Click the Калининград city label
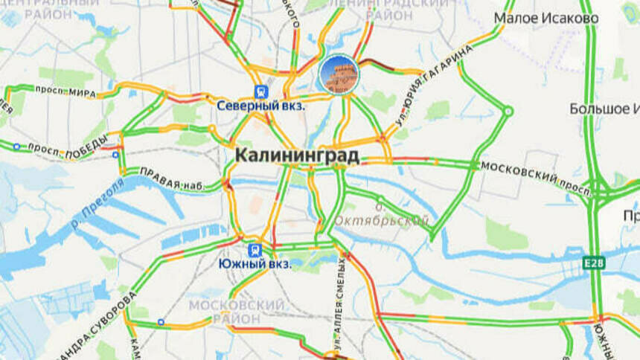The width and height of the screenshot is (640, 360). pyautogui.click(x=297, y=155)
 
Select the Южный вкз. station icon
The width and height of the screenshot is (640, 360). pyautogui.click(x=255, y=249)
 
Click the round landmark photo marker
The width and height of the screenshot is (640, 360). pyautogui.click(x=339, y=74)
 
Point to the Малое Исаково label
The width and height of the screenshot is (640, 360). pyautogui.click(x=546, y=18)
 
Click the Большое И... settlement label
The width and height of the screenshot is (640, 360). pyautogui.click(x=604, y=109)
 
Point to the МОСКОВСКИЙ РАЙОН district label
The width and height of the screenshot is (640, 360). pyautogui.click(x=236, y=312)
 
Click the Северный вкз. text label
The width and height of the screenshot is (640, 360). pyautogui.click(x=261, y=106)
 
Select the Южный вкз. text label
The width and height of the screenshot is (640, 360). pyautogui.click(x=255, y=263)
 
